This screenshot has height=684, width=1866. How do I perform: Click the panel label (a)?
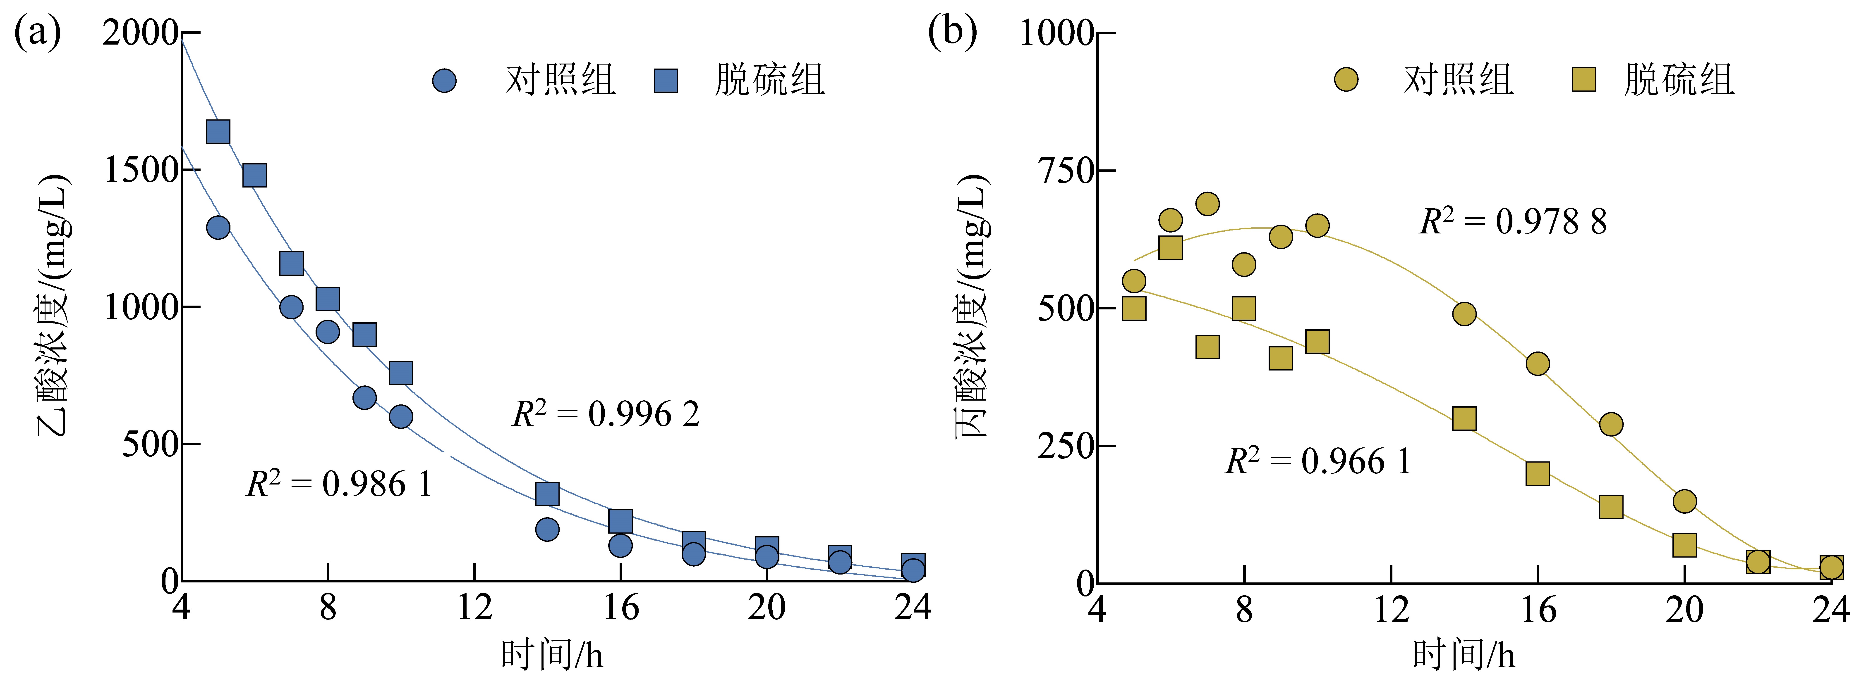point(38,33)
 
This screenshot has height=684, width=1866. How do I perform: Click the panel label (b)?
point(953,33)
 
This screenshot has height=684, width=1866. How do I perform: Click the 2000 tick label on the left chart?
point(141,33)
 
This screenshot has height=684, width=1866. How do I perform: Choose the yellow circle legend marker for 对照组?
point(1346,80)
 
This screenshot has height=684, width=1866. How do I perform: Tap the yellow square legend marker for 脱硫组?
point(1584,80)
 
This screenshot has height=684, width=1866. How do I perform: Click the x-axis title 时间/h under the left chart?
point(552,655)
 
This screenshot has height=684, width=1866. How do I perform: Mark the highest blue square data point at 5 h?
point(218,132)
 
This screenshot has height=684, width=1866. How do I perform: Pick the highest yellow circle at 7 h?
point(1207,204)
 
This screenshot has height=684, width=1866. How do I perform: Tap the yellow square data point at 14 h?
point(1464,418)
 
